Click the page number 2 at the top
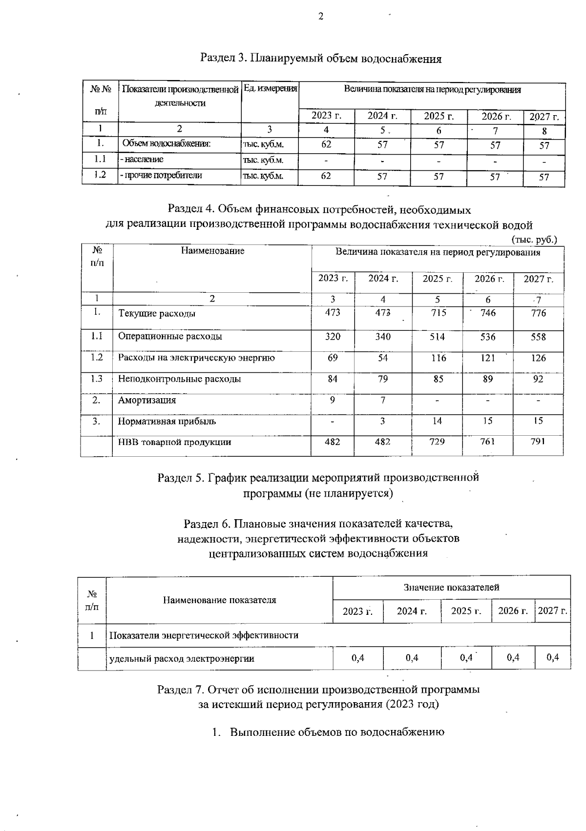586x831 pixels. coord(321,17)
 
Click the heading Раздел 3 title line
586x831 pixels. coord(321,59)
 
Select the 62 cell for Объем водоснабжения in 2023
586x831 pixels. coord(326,144)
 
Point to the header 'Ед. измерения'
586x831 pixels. coord(270,89)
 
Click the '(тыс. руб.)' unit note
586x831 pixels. coord(534,240)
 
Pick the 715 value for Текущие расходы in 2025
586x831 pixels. coord(438,313)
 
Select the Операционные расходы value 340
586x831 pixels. coord(383,337)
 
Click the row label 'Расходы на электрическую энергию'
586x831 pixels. coord(196,358)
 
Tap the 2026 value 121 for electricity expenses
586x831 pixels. coord(488,358)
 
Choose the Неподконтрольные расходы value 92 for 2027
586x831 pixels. coord(538,379)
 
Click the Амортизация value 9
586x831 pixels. coord(333,400)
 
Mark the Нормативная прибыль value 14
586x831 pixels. coord(438,421)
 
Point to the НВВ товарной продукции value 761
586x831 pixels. coord(488,442)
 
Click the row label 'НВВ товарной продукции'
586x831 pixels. coord(174,442)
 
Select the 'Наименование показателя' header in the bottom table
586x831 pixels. coord(219,600)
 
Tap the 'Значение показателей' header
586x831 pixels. coord(451,587)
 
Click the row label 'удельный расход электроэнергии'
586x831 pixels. coord(182,659)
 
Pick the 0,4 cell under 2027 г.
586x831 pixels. coord(553,658)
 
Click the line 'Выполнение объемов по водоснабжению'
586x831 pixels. coord(336,732)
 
